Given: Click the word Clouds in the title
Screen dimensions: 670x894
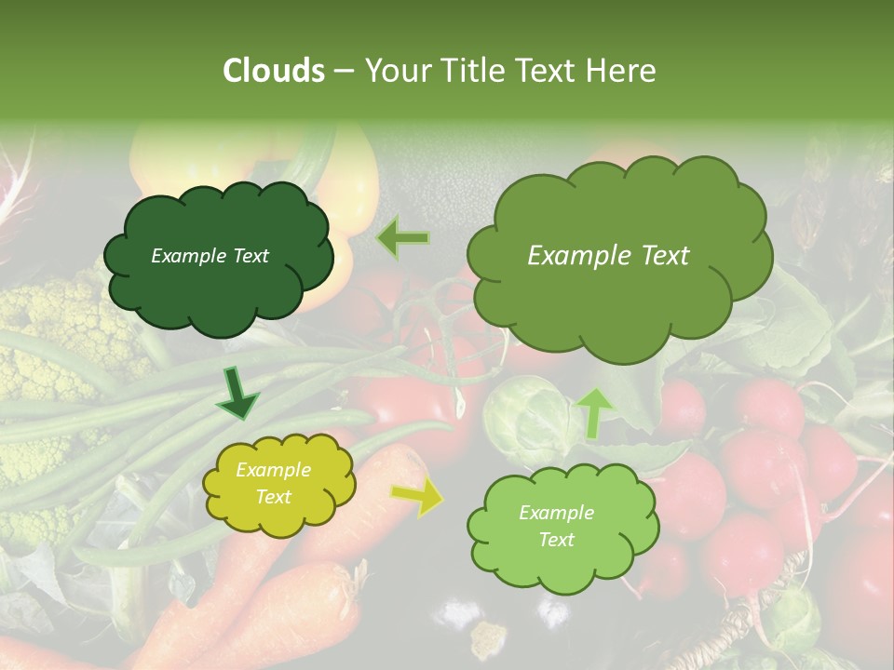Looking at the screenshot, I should point(274,71).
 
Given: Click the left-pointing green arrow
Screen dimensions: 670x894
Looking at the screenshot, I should point(402,238).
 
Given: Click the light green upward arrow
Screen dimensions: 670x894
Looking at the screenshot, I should point(595,412).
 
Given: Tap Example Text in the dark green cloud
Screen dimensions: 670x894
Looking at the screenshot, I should point(210,256).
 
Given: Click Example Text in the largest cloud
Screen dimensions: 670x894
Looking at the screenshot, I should point(608,256).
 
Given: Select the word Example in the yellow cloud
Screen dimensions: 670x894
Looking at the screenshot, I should point(273,470).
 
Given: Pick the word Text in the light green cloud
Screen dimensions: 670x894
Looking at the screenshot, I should point(556,540).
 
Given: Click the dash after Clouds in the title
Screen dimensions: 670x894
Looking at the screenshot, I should point(343,71).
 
